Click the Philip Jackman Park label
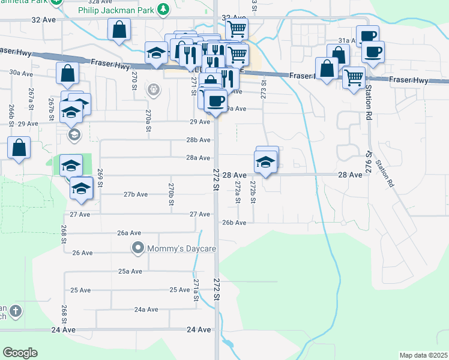(x=116, y=10)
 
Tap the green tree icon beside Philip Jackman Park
(x=163, y=9)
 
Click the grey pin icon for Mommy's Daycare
(x=138, y=247)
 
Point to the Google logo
(x=20, y=353)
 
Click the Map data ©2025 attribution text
(x=423, y=355)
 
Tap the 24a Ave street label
(x=146, y=310)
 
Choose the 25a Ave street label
(x=130, y=271)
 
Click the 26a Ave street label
(x=128, y=233)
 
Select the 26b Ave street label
(x=234, y=223)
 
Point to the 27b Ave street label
(x=136, y=194)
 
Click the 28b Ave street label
(x=198, y=140)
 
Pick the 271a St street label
(x=196, y=289)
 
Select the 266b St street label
(x=11, y=112)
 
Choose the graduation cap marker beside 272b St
(x=265, y=161)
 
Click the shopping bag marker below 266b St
(x=19, y=148)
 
